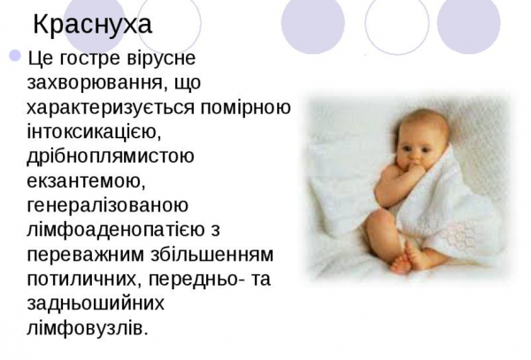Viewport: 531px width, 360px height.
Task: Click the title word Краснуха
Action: click(x=92, y=23)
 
